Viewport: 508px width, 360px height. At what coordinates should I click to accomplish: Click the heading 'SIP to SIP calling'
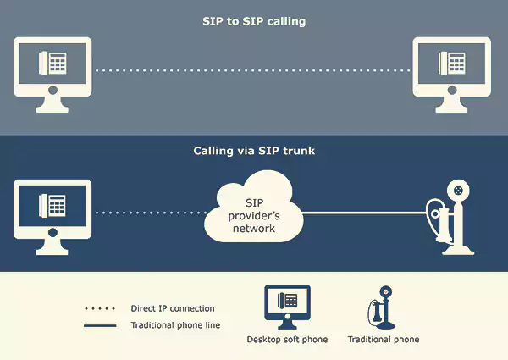point(254,22)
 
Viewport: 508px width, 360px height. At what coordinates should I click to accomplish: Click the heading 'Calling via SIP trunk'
point(254,151)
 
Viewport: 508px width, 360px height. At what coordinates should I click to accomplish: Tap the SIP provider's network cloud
point(254,207)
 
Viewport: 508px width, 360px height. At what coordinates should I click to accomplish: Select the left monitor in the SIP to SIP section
point(52,75)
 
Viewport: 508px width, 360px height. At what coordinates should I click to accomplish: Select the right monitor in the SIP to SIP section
point(451,75)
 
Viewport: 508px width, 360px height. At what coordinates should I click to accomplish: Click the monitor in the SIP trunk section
point(52,218)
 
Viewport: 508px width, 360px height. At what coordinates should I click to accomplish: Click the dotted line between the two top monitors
point(252,70)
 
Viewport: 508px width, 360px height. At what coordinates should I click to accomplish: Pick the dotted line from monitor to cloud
point(151,213)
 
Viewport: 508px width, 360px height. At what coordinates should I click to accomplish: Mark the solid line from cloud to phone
point(364,213)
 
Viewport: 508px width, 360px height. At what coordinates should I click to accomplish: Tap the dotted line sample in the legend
point(100,308)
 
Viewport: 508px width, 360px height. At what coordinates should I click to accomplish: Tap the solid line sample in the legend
point(100,325)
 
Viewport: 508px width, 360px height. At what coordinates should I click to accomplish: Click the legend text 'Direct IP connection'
point(173,308)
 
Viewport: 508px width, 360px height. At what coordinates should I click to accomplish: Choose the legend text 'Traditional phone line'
point(175,325)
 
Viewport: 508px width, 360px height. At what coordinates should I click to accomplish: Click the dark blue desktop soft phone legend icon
point(287,307)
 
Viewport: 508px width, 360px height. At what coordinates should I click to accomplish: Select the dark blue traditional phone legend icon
point(382,307)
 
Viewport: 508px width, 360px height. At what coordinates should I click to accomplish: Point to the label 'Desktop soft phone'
point(287,340)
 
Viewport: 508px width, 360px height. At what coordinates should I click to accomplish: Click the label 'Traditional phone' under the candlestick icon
point(384,340)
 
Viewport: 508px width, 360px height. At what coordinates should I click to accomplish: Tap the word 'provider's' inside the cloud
point(254,216)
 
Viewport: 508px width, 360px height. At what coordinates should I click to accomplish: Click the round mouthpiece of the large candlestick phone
point(458,191)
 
